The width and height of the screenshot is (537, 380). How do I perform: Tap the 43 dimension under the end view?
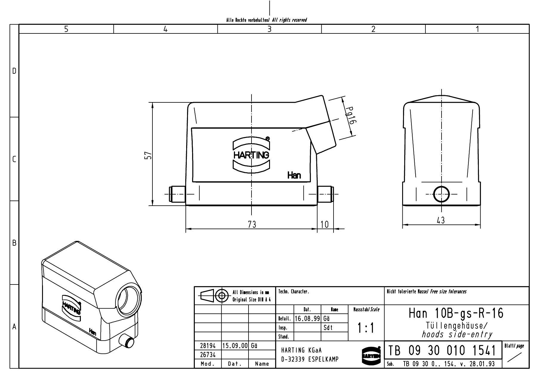point(441,220)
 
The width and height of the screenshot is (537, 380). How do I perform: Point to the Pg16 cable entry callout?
point(351,116)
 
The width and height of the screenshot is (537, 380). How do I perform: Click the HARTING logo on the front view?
point(251,155)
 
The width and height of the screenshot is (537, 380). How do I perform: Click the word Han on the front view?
point(294,176)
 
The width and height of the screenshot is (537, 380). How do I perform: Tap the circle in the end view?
point(441,194)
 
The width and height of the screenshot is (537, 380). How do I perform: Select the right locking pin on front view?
point(325,194)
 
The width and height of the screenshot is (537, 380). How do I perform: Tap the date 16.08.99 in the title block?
point(307,319)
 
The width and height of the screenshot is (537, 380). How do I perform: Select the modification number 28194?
point(207,346)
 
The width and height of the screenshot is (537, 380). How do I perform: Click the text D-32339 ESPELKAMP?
point(310,359)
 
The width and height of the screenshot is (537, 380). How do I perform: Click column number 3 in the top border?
point(269,29)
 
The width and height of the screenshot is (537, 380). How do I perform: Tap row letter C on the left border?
point(14,159)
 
